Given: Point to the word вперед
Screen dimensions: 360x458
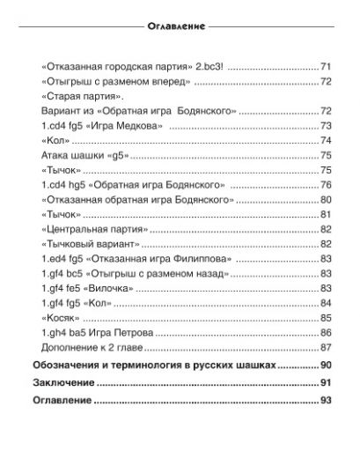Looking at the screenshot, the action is click(x=173, y=81).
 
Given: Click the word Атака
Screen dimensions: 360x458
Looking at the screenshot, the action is click(x=56, y=156).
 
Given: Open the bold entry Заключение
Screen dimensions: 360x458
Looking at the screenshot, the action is click(x=62, y=383).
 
